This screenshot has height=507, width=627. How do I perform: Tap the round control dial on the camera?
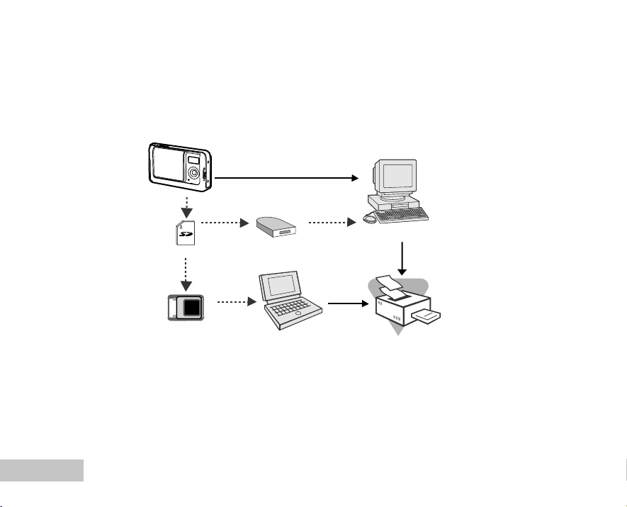tap(193, 174)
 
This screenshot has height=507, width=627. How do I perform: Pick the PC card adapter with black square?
tap(186, 307)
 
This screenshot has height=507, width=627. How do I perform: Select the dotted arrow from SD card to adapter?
tap(186, 274)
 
